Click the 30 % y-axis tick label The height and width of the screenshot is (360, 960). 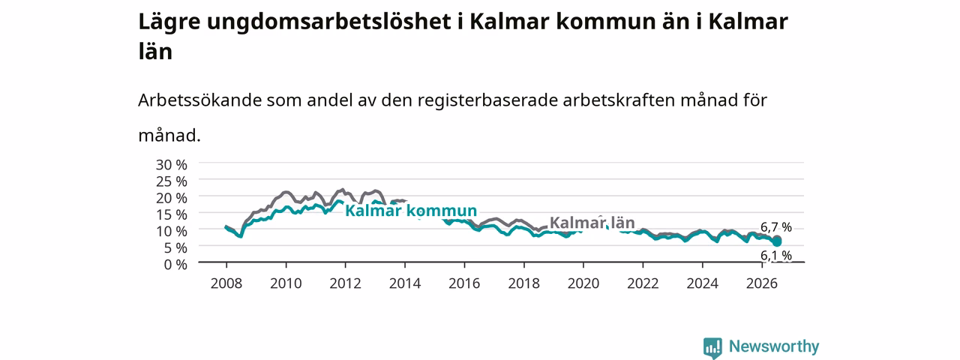(x=172, y=164)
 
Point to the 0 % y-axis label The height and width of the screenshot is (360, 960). (x=175, y=265)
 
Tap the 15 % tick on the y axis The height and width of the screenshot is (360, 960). (x=172, y=214)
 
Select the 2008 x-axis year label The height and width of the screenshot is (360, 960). (x=226, y=283)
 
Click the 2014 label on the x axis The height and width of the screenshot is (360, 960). (x=405, y=283)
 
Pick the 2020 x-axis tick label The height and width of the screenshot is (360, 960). (x=583, y=283)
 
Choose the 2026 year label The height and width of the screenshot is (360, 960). (x=762, y=283)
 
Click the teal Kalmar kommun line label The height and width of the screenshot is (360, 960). (x=411, y=211)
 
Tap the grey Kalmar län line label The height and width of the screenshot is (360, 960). (x=592, y=223)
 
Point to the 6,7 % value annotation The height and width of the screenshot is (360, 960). (x=776, y=227)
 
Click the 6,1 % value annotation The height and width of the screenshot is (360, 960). (x=776, y=256)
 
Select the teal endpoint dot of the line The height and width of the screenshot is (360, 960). (x=776, y=242)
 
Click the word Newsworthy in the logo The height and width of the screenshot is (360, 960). (x=774, y=346)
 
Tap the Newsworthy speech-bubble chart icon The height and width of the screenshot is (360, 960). (x=712, y=347)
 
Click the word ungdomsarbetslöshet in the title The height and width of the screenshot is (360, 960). (x=328, y=22)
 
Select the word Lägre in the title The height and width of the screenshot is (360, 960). (x=169, y=22)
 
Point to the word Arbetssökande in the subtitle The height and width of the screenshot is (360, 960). (x=199, y=100)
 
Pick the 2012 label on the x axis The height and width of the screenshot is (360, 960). (x=346, y=283)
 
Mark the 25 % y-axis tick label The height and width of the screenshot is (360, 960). (x=172, y=181)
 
